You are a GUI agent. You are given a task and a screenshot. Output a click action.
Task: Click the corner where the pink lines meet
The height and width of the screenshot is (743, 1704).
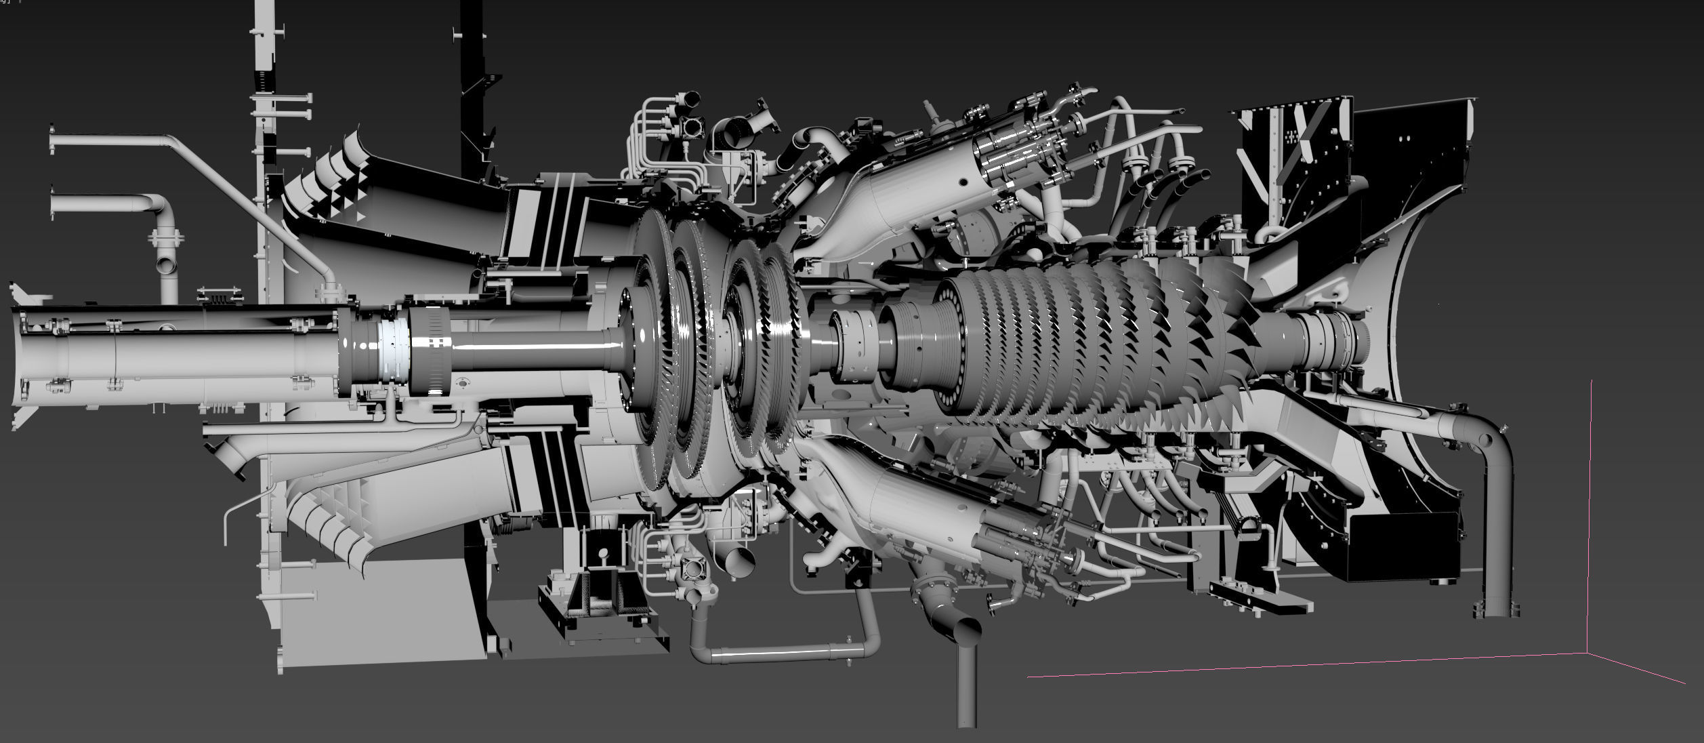pos(1587,653)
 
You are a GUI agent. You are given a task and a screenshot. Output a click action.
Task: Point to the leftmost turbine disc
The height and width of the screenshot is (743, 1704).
pos(647,349)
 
